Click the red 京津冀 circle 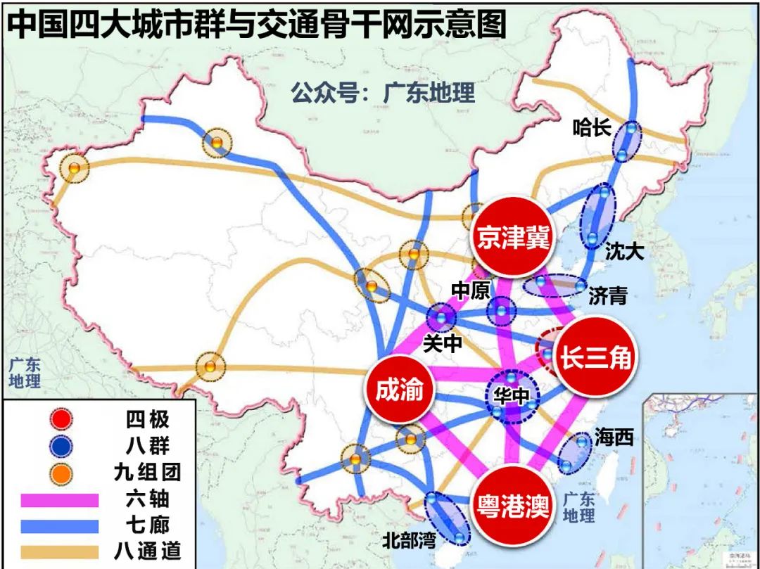pos(512,236)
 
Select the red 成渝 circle pos(399,389)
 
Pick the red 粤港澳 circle pos(512,506)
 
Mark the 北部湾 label pos(410,540)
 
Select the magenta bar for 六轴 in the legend pos(60,499)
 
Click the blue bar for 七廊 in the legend pos(60,525)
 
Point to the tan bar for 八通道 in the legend pos(60,551)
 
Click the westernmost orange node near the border pos(74,169)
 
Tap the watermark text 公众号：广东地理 pos(384,93)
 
